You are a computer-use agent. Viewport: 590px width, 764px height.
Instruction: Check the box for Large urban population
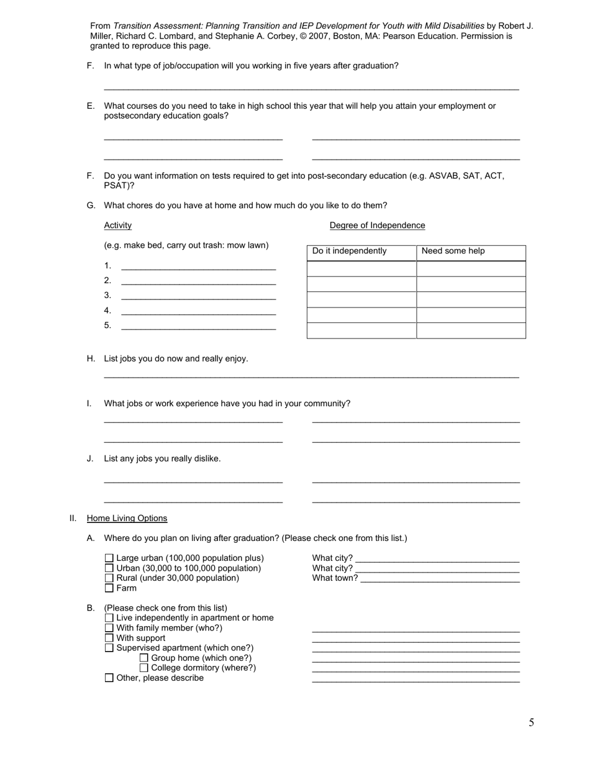[109, 558]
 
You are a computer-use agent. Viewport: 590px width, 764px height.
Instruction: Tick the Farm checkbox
[109, 588]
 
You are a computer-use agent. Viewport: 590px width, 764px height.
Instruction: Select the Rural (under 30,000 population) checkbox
[109, 578]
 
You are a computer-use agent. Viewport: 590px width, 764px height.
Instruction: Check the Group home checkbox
[144, 658]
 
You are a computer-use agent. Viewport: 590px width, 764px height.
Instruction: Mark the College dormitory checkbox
[144, 668]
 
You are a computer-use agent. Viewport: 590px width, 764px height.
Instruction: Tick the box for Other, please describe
[109, 678]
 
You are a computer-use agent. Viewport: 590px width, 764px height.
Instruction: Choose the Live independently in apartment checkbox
[109, 618]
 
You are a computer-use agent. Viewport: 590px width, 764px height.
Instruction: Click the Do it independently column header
[349, 252]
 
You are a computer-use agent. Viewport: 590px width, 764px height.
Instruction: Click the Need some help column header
[453, 252]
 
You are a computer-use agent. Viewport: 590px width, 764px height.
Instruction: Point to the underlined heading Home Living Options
[127, 519]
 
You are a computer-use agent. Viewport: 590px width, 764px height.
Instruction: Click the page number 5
[531, 722]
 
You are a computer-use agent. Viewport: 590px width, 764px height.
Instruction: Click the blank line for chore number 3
[198, 296]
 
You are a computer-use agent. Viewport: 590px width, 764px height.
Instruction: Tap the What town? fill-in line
[440, 579]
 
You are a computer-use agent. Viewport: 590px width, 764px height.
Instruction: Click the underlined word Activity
[117, 225]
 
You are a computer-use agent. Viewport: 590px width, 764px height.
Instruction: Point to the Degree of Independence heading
[377, 225]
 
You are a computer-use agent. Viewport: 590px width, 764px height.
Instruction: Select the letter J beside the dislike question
[90, 459]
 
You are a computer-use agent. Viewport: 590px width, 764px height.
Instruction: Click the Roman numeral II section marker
[72, 519]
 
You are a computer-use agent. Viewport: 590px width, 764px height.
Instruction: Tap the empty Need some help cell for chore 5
[471, 330]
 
